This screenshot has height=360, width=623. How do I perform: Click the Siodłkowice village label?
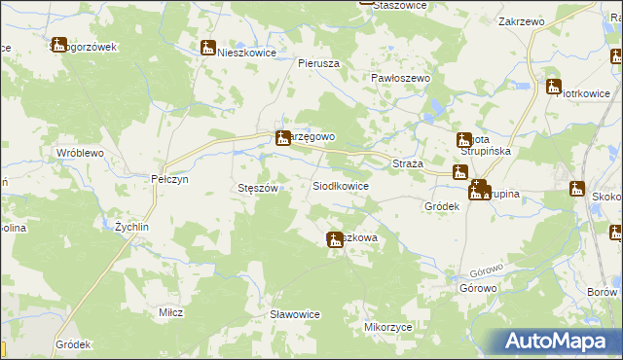click(340, 185)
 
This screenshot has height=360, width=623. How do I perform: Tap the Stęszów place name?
click(259, 188)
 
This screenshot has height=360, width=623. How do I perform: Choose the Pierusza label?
click(317, 62)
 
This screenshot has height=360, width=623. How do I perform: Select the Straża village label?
click(406, 163)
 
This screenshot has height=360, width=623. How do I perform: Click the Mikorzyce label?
click(383, 329)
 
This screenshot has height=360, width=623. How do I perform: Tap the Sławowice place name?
click(295, 314)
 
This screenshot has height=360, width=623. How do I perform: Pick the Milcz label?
click(171, 312)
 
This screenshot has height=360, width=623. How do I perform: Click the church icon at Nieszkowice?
click(207, 48)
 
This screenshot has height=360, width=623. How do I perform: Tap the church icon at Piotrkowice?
click(554, 87)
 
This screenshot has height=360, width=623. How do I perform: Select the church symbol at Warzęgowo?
click(282, 138)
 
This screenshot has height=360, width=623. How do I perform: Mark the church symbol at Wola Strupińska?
click(464, 141)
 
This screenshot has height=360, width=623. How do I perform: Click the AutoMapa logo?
click(560, 342)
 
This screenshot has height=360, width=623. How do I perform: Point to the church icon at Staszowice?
click(366, 2)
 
